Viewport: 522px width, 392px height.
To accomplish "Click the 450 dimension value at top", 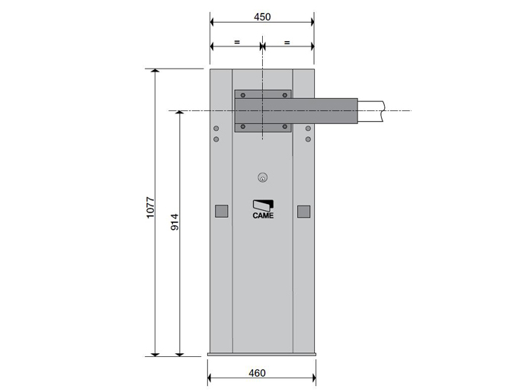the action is [x=262, y=17].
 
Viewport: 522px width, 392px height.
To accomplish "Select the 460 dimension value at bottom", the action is [x=257, y=373].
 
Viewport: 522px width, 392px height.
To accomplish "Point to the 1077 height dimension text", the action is [x=150, y=208].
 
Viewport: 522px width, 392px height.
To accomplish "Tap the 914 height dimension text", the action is [x=175, y=222].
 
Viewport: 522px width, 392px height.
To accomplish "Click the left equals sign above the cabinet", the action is [x=237, y=42].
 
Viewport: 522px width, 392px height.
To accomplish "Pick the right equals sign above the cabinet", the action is [x=287, y=43].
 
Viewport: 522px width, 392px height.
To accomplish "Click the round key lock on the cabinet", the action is [x=263, y=178].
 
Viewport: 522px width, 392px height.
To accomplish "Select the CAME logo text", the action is [x=263, y=215].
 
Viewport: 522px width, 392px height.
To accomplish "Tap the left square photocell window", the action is [x=222, y=211].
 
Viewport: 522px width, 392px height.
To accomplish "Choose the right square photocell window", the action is [x=303, y=212].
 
